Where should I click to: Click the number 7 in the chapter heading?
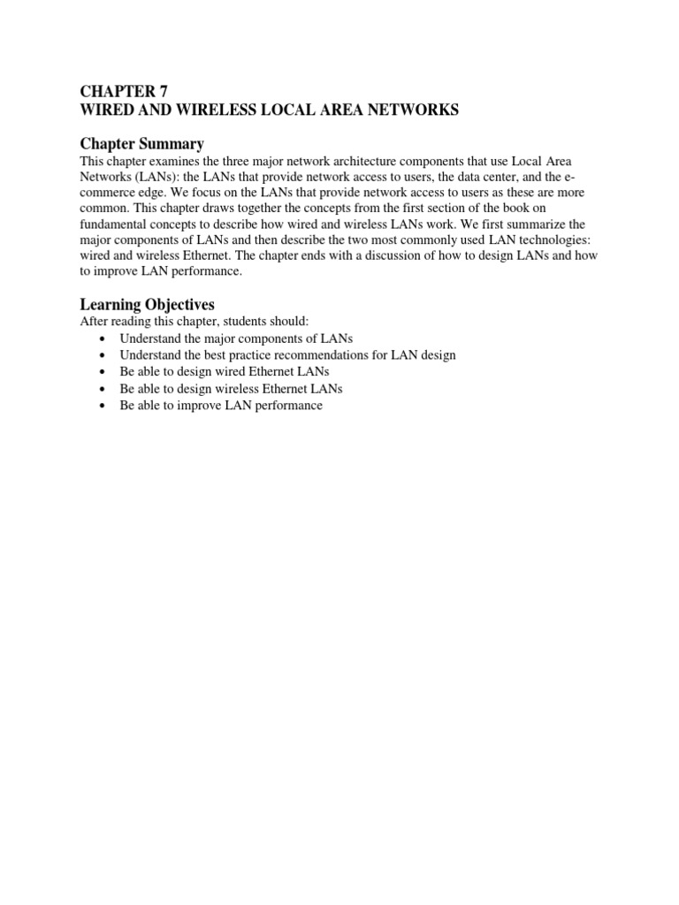coord(161,91)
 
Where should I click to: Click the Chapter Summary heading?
coord(142,144)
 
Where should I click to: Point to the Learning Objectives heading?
coord(148,305)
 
